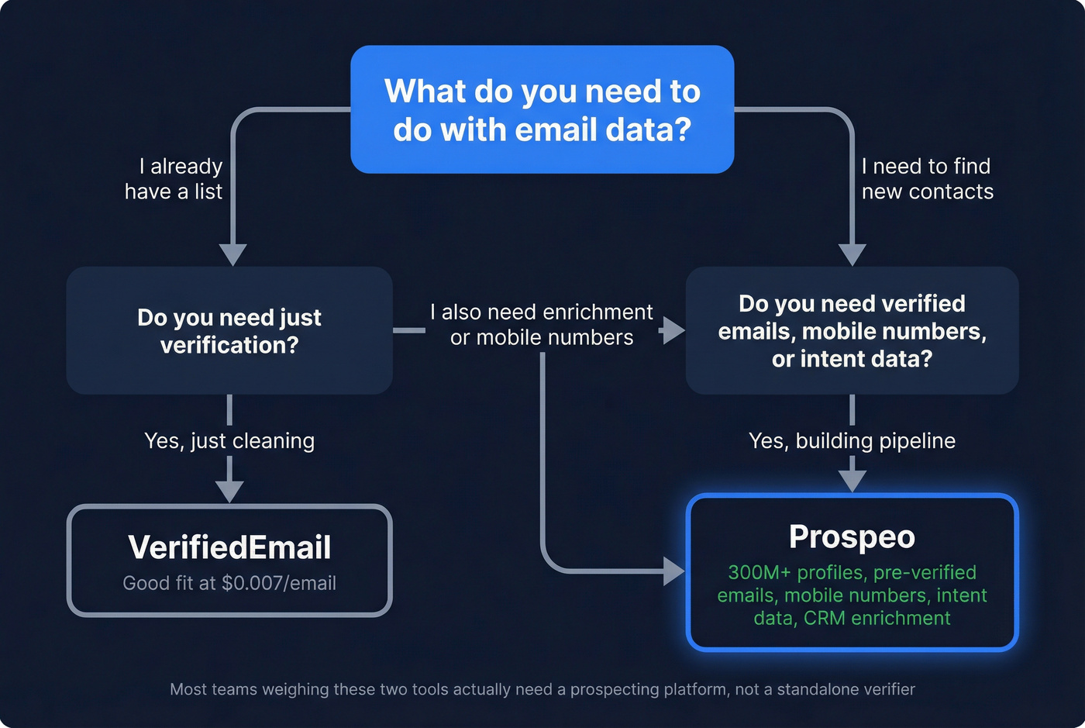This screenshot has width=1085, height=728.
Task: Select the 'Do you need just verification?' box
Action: tap(229, 331)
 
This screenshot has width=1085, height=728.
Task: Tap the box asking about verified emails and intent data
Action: tap(852, 331)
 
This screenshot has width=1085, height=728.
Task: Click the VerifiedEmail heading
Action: tap(229, 547)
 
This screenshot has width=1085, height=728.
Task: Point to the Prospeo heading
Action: tap(852, 537)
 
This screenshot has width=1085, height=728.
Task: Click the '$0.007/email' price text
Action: tap(279, 583)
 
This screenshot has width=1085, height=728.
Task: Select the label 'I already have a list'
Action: tap(174, 178)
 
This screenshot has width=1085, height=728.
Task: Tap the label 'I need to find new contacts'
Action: tap(927, 178)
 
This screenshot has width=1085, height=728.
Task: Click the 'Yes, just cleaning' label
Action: tap(229, 440)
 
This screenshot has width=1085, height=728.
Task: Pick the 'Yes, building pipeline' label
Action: tap(852, 440)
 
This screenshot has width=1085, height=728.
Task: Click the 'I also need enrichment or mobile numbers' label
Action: tap(542, 325)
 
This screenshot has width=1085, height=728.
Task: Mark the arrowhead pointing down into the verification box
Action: tap(232, 254)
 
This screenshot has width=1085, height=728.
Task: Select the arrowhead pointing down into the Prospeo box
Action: tap(852, 481)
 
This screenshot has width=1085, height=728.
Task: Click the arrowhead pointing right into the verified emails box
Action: tap(673, 331)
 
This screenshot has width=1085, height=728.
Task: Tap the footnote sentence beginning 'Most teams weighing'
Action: tap(542, 689)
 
